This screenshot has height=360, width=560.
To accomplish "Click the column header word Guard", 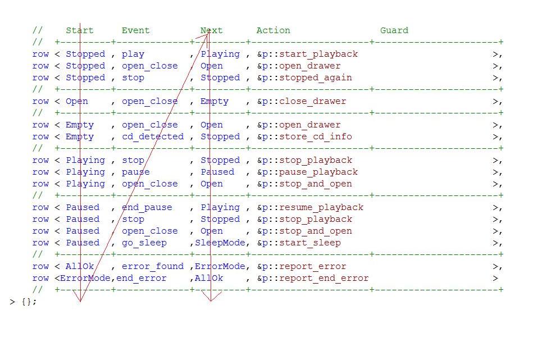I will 394,30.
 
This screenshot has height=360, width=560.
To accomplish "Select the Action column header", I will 273,30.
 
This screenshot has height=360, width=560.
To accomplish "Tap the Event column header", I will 135,30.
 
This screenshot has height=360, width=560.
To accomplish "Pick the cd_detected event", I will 152,136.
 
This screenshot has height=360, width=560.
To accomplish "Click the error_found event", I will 152,266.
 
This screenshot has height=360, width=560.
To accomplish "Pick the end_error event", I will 141,278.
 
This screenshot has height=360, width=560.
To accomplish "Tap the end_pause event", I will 147,207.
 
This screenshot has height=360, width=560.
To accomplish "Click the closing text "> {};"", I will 23,302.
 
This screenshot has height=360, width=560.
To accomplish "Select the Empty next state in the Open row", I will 214,101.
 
